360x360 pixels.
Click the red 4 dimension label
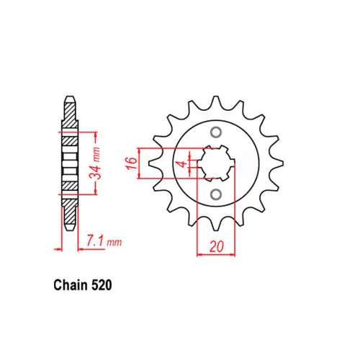pos(184,164)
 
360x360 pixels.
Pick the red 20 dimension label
pos(215,246)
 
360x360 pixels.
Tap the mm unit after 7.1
pos(114,243)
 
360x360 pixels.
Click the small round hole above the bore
pos(215,132)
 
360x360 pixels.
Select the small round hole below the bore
pos(215,194)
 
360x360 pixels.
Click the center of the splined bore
pos(215,163)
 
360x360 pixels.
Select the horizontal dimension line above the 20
pos(215,255)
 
